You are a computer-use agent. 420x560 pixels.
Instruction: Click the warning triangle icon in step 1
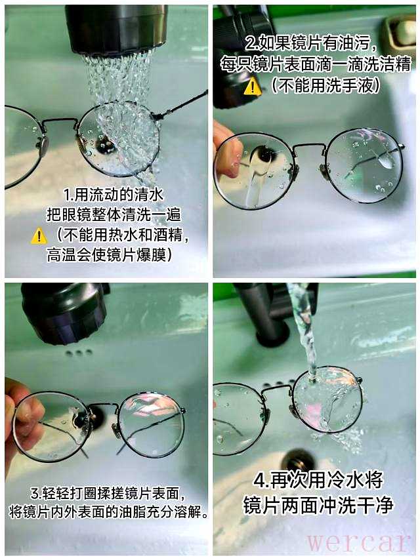click(39, 236)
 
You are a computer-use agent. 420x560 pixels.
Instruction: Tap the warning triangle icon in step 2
click(253, 86)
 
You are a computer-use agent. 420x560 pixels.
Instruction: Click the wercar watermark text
click(358, 542)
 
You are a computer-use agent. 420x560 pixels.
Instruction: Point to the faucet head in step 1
click(117, 29)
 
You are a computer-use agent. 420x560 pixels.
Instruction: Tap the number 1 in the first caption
click(67, 195)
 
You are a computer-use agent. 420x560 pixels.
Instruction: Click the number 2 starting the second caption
click(250, 43)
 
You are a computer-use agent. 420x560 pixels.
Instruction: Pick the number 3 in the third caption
click(35, 494)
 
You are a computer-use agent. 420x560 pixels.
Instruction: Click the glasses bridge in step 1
click(59, 122)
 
